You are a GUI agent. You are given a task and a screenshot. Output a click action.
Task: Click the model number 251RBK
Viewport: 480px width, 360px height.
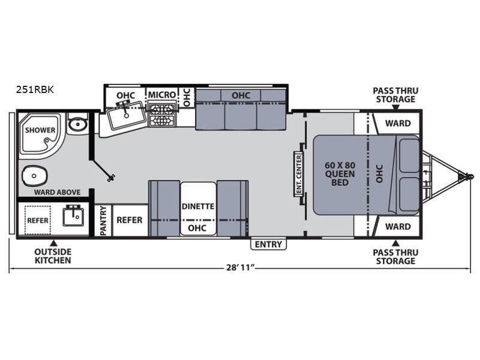[x=35, y=89]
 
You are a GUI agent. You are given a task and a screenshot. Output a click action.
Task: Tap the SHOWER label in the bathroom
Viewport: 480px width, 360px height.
[x=40, y=130]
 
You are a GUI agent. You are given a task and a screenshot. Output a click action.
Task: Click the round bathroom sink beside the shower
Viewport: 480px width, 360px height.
[x=77, y=125]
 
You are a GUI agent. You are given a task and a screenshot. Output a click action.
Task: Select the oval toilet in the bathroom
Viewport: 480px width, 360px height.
[x=35, y=176]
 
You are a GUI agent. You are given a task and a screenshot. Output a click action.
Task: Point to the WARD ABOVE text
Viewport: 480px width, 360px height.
[x=57, y=192]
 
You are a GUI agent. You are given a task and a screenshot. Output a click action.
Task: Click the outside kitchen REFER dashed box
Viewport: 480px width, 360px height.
[x=38, y=220]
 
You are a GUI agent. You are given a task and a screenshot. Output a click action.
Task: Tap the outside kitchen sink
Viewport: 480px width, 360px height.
[x=73, y=216]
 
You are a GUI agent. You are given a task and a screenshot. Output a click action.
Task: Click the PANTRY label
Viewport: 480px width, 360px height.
[x=103, y=220]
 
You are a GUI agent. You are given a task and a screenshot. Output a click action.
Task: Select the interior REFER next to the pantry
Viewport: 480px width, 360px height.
[x=130, y=220]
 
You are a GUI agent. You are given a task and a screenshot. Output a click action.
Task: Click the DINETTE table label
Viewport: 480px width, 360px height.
[x=198, y=206]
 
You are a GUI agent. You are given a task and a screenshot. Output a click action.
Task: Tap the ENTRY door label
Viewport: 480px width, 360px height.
[x=268, y=244]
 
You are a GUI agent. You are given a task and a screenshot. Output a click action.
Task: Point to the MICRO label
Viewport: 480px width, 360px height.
[x=162, y=95]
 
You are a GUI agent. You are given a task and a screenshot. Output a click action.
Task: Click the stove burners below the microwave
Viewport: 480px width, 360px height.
[x=161, y=115]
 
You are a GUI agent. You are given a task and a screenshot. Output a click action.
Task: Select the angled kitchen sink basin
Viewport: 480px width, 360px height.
[x=126, y=116]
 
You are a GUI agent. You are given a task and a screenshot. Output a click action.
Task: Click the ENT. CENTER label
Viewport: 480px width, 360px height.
[x=299, y=174]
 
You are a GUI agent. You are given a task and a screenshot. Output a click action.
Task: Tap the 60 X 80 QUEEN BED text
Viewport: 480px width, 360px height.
[x=340, y=174]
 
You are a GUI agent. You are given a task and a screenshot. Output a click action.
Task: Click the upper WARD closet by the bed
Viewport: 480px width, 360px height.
[x=398, y=124]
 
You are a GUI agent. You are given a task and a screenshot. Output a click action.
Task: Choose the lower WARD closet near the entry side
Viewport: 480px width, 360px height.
[x=398, y=227]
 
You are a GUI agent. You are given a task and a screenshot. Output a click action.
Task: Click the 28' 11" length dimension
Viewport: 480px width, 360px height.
[x=241, y=267]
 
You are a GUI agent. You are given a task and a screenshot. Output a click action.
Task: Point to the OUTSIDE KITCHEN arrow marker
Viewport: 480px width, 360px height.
[x=53, y=244]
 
